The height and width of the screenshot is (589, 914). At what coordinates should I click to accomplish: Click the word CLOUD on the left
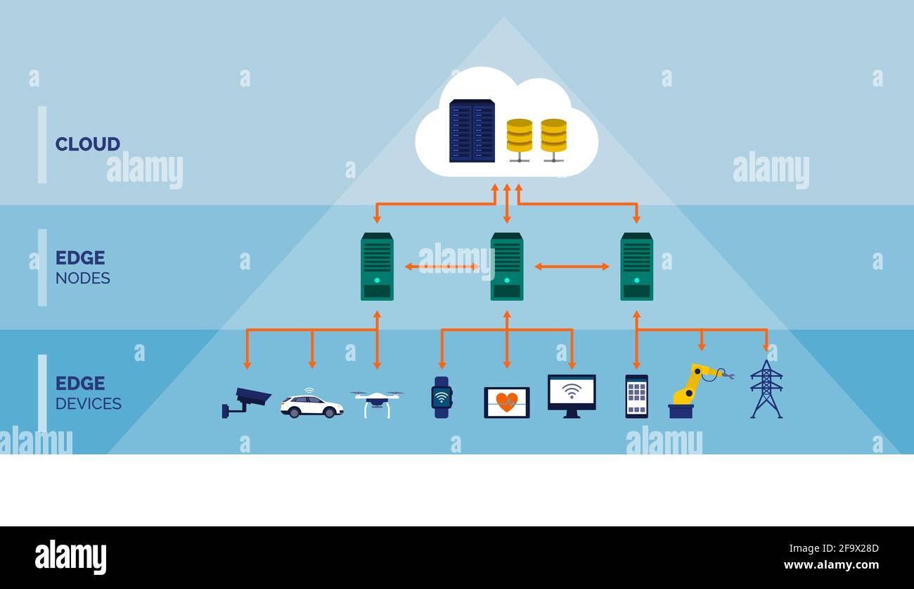[x=87, y=144]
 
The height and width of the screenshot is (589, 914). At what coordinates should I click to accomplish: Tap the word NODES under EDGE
[x=82, y=278]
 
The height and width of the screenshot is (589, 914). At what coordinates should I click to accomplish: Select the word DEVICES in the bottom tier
[x=88, y=404]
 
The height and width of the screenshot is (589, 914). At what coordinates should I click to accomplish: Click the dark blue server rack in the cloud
[x=472, y=131]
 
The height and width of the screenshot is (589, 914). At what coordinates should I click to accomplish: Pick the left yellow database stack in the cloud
[x=520, y=137]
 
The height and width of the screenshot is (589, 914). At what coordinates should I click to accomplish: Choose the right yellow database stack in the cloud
[x=553, y=137]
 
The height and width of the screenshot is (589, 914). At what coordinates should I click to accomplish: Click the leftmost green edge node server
[x=377, y=267]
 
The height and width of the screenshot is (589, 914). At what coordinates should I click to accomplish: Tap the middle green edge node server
[x=506, y=267]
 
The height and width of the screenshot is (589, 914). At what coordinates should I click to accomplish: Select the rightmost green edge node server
[x=636, y=267]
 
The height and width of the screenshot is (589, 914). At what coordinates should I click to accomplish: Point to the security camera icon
[x=245, y=402]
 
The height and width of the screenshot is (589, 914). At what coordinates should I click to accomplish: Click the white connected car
[x=311, y=405]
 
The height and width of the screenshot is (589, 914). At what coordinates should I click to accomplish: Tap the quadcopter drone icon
[x=377, y=402]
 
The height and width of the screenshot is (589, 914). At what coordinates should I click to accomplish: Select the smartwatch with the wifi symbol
[x=442, y=398]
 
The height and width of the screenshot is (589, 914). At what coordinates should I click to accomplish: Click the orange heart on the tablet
[x=506, y=402]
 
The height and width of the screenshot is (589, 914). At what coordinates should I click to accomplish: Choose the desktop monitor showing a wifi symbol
[x=572, y=394]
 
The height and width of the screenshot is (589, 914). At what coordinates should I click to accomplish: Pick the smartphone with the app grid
[x=636, y=396]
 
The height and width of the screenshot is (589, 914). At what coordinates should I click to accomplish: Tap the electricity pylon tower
[x=766, y=389]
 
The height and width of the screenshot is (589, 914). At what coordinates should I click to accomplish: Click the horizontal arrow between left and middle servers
[x=442, y=267]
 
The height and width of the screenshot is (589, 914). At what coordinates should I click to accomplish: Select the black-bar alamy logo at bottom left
[x=70, y=557]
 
